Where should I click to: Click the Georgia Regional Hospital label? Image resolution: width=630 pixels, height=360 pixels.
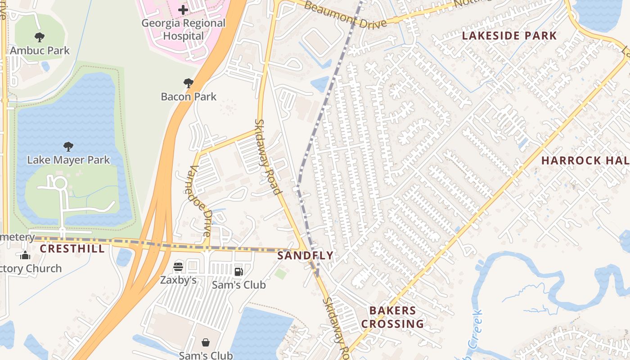point(183,29)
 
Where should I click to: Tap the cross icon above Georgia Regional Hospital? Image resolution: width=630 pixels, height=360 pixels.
point(183,9)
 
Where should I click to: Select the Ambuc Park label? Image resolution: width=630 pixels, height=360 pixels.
point(40,50)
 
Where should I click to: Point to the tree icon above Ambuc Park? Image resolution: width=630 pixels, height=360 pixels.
point(40,37)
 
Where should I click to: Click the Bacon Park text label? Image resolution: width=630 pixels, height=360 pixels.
point(189,96)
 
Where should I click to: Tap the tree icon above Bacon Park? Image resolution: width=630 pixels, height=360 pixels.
point(189,83)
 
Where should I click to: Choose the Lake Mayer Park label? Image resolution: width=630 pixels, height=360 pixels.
point(68,160)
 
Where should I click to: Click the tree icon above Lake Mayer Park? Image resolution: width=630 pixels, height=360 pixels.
point(68,147)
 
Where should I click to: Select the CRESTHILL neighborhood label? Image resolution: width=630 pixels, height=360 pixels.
point(72,249)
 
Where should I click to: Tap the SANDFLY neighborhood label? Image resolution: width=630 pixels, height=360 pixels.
point(306,256)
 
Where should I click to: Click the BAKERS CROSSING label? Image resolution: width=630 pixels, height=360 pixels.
point(393,317)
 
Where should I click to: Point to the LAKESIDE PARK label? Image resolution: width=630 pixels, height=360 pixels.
point(509,36)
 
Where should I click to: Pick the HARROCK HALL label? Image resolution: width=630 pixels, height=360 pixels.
point(585,161)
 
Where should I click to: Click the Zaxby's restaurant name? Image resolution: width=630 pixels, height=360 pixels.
point(178,280)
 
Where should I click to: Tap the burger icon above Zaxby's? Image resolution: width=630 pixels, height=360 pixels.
point(178,266)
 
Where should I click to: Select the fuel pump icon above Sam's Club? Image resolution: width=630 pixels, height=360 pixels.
point(238,271)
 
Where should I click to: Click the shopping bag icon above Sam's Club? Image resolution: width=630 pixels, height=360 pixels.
point(206,342)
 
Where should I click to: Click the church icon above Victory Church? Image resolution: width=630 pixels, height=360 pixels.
point(25,256)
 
